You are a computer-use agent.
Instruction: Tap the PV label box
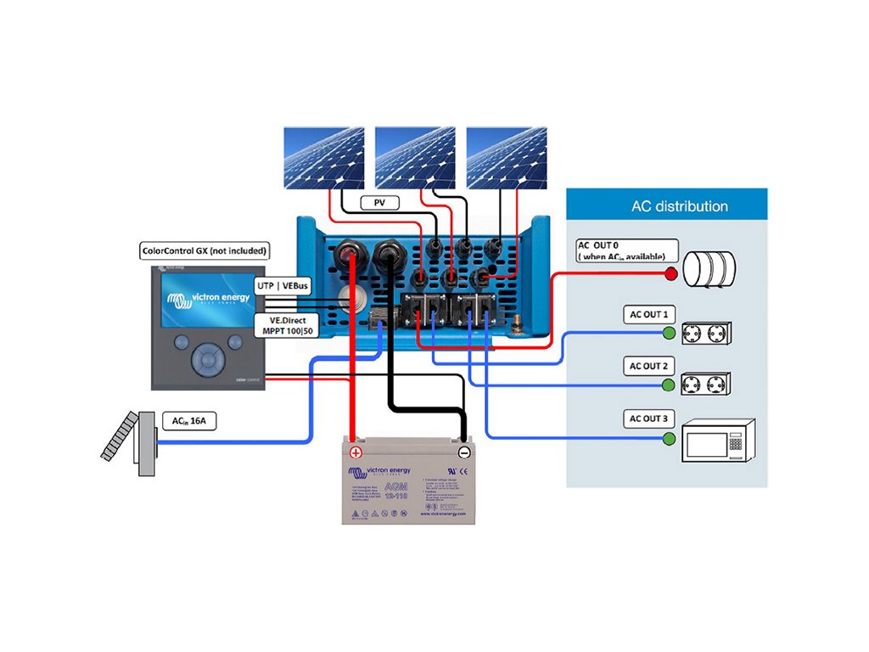click(x=378, y=203)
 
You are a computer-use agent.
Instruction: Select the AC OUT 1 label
click(x=648, y=314)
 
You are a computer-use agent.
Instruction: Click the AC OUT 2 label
click(x=648, y=367)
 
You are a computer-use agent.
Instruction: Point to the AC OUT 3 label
click(x=648, y=419)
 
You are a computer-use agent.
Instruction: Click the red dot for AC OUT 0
click(x=670, y=273)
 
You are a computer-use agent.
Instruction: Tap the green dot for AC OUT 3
click(x=670, y=438)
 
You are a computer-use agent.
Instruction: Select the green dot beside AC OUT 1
click(x=670, y=333)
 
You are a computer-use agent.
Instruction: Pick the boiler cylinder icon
click(x=709, y=268)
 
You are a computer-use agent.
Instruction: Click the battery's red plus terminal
click(x=356, y=452)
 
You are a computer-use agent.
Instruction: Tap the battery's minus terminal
click(x=463, y=452)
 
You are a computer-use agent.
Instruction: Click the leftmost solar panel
click(x=322, y=158)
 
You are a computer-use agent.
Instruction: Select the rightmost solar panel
click(x=506, y=158)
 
